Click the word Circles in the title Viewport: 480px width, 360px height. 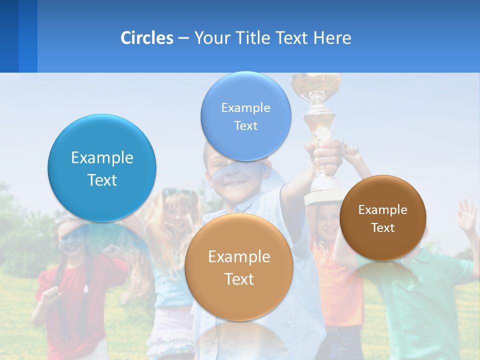(x=146, y=38)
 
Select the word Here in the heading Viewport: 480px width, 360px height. (x=332, y=38)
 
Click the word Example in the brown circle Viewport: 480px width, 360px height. (x=383, y=210)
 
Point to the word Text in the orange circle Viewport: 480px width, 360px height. (x=239, y=279)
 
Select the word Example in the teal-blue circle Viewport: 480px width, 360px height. (x=102, y=158)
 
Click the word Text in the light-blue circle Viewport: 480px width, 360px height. (x=245, y=125)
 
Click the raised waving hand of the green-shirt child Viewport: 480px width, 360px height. (x=467, y=215)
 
